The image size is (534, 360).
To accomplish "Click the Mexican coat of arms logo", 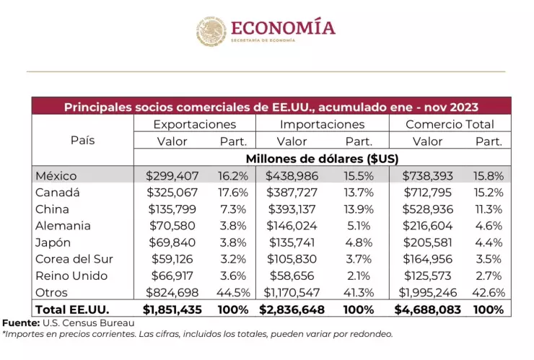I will click(211, 32).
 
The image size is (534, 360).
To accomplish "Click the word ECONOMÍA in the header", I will click(283, 27).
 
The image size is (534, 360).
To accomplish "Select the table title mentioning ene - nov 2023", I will click(271, 107).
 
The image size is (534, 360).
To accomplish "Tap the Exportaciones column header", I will click(195, 124).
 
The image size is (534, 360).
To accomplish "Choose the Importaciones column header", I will click(322, 124).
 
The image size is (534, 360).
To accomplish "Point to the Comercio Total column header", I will click(450, 124).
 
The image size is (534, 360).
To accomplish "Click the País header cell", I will click(82, 140).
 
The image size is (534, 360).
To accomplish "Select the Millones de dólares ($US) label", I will click(323, 158).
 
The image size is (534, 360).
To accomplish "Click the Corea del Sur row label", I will click(74, 259).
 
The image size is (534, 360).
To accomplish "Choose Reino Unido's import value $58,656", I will click(294, 276).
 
